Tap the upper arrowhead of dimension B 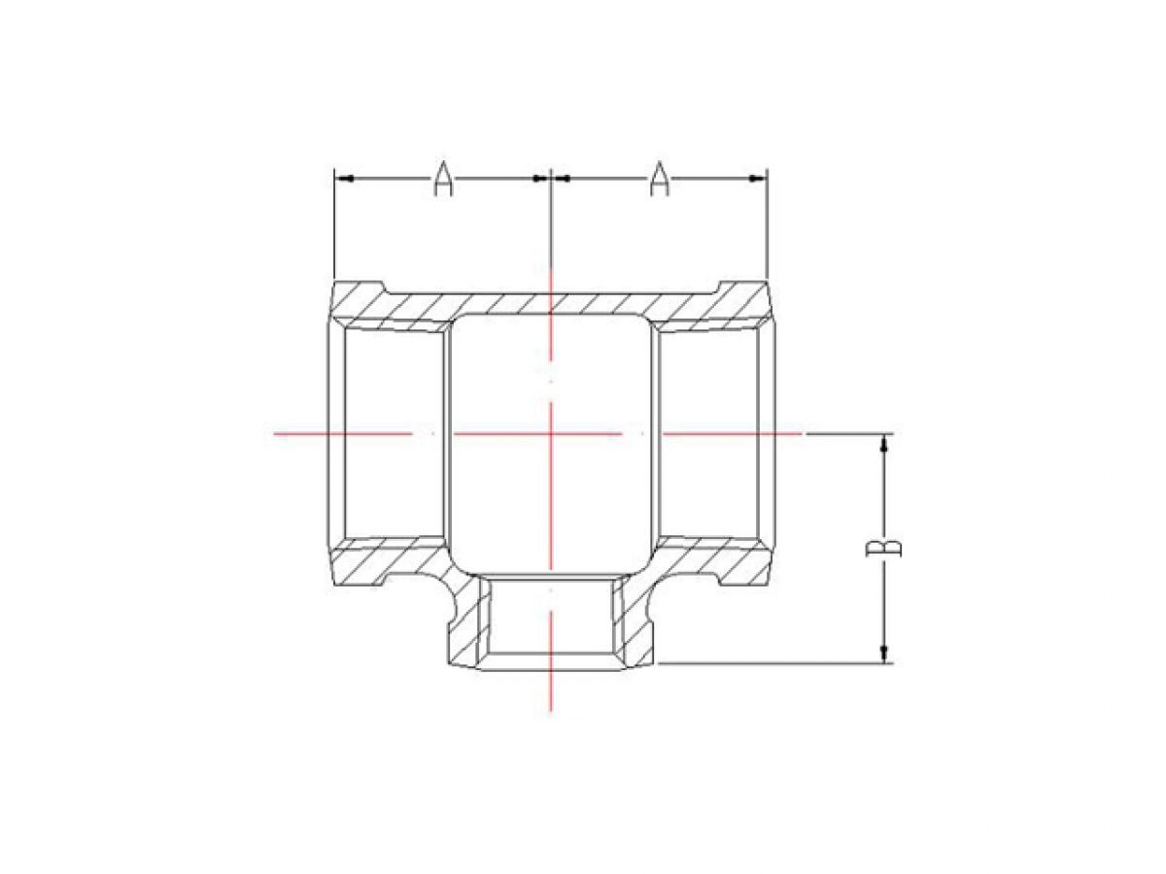[884, 444]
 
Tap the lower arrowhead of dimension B [884, 654]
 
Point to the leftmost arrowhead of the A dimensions [341, 179]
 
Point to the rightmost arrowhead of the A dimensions [760, 179]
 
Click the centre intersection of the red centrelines [551, 433]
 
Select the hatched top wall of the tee [551, 302]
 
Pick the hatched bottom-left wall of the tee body [389, 563]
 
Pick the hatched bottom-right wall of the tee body [714, 563]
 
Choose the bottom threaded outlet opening [551, 622]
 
